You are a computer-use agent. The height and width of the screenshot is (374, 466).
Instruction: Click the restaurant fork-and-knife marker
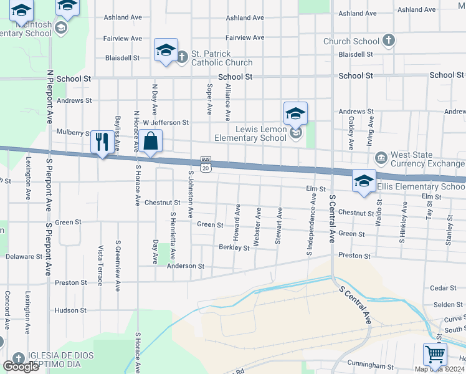pos(102,141)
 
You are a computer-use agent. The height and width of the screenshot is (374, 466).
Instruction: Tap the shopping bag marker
pos(151,141)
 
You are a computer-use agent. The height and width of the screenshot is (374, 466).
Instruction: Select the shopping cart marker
pos(434,355)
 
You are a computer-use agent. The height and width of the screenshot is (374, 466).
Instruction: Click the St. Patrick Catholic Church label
pos(222,58)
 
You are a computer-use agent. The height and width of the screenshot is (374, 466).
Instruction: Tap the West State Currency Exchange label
pos(428,160)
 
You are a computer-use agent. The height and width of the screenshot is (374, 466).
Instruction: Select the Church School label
pos(351,42)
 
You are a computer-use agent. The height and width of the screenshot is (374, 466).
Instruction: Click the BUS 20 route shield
pos(206,164)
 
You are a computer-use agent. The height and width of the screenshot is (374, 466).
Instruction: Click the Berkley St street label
pos(234,247)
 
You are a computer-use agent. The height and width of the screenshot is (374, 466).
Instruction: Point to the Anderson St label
pos(185,266)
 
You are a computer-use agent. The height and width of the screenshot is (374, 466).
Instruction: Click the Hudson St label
pos(70,310)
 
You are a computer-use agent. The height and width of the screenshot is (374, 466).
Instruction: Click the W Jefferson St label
pos(166,123)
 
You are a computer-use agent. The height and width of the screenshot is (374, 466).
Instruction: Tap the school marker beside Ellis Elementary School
pos(364,181)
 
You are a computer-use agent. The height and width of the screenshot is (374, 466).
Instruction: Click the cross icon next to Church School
pos(388,41)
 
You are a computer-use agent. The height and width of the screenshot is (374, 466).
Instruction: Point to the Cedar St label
pos(444,288)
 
